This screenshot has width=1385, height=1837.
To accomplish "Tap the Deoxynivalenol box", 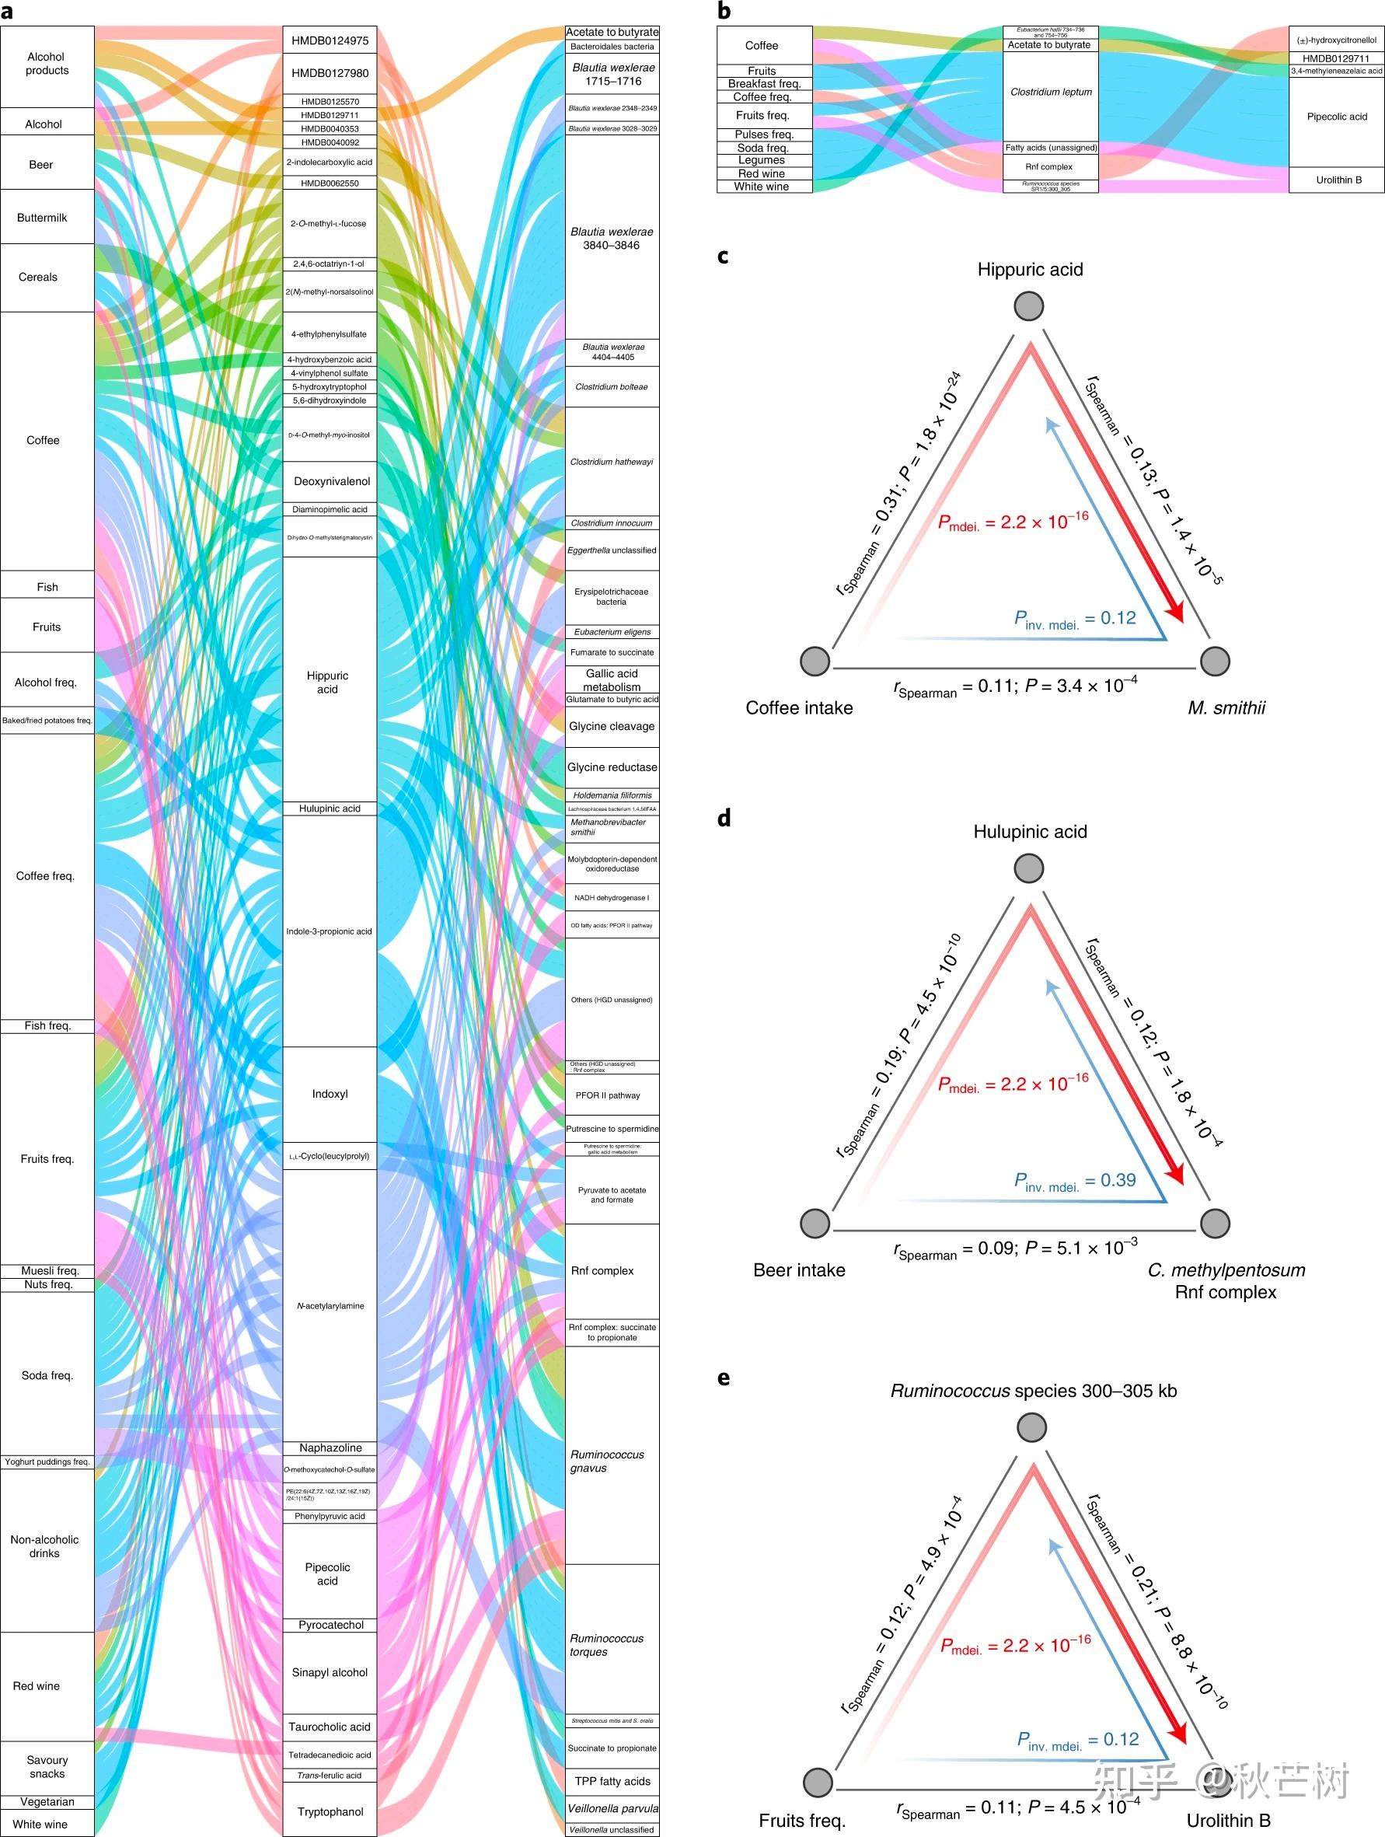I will (x=330, y=482).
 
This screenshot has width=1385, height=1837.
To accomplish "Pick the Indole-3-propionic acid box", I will (x=330, y=931).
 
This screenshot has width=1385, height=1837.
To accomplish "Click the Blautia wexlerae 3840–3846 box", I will (x=612, y=239).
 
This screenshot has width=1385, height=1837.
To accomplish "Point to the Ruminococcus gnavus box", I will (x=612, y=1461).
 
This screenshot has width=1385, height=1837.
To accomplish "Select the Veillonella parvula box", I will (x=612, y=1808).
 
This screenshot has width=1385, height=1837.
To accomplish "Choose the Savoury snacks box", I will (x=47, y=1766).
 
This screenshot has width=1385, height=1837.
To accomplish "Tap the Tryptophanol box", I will (x=330, y=1811).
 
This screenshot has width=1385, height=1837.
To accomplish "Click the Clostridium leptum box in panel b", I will (x=1050, y=93).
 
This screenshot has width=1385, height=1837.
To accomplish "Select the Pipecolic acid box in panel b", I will (x=1336, y=117).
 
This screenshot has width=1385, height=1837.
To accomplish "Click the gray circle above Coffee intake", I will (x=815, y=661).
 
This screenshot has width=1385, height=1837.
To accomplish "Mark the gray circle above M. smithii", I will (x=1215, y=661).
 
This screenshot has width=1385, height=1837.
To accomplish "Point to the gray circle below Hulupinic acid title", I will (x=1029, y=868).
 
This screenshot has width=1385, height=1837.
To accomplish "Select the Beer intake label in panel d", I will (x=799, y=1269).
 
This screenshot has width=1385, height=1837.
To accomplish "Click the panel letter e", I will (x=724, y=1378).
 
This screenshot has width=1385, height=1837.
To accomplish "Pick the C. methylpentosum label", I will (x=1226, y=1269).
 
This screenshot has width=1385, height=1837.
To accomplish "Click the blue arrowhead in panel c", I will (x=1052, y=424).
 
